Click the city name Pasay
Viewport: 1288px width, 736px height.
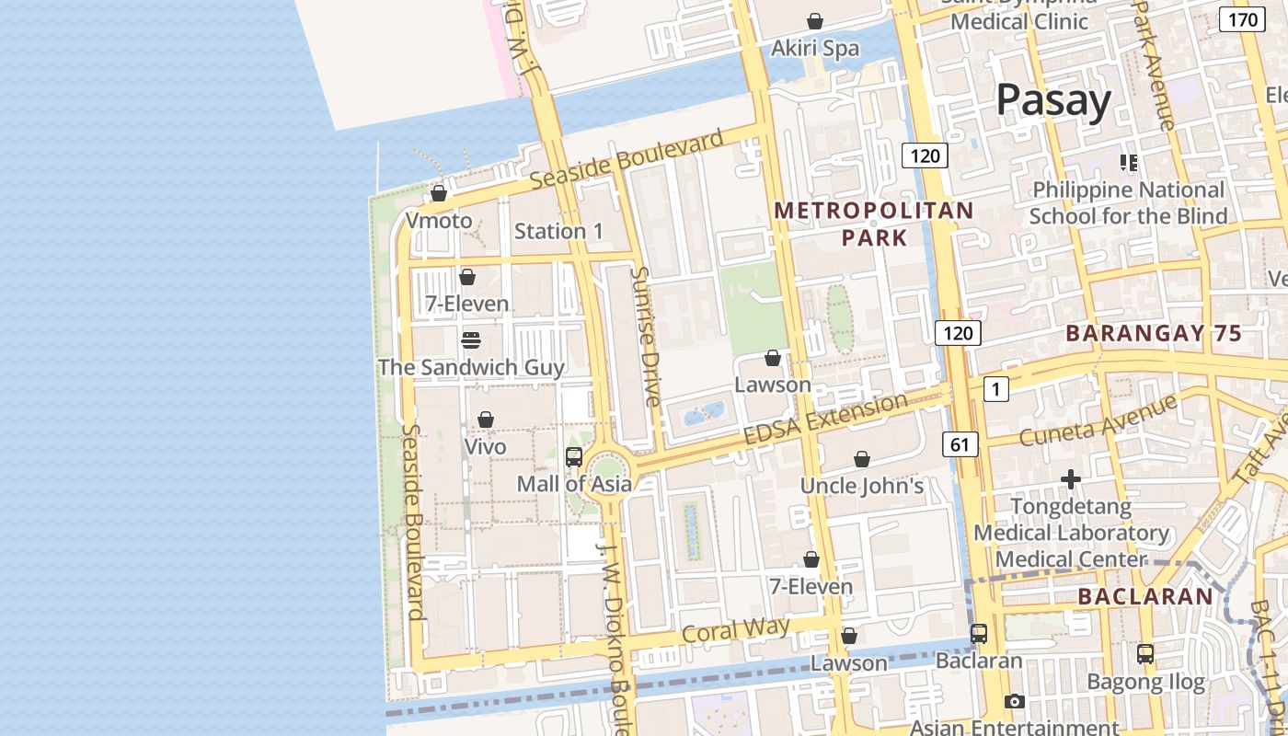1053,99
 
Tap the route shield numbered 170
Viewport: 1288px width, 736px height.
1242,19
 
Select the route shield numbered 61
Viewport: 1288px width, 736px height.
960,445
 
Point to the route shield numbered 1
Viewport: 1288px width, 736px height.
995,389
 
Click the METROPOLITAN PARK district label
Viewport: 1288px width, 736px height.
873,224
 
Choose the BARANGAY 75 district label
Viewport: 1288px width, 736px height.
1154,333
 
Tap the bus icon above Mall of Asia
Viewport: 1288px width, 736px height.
574,456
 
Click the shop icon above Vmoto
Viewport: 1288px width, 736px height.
439,193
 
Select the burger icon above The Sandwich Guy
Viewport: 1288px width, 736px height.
471,340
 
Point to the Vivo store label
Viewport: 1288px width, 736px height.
485,447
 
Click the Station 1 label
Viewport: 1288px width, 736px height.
558,231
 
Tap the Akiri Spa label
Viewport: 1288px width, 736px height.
815,48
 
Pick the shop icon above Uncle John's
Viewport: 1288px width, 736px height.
862,458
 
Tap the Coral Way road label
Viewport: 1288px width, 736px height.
735,631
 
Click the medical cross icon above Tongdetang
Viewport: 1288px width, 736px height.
1071,479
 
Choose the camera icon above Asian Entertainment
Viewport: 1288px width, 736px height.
1014,701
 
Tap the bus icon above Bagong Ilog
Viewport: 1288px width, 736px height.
1145,654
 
